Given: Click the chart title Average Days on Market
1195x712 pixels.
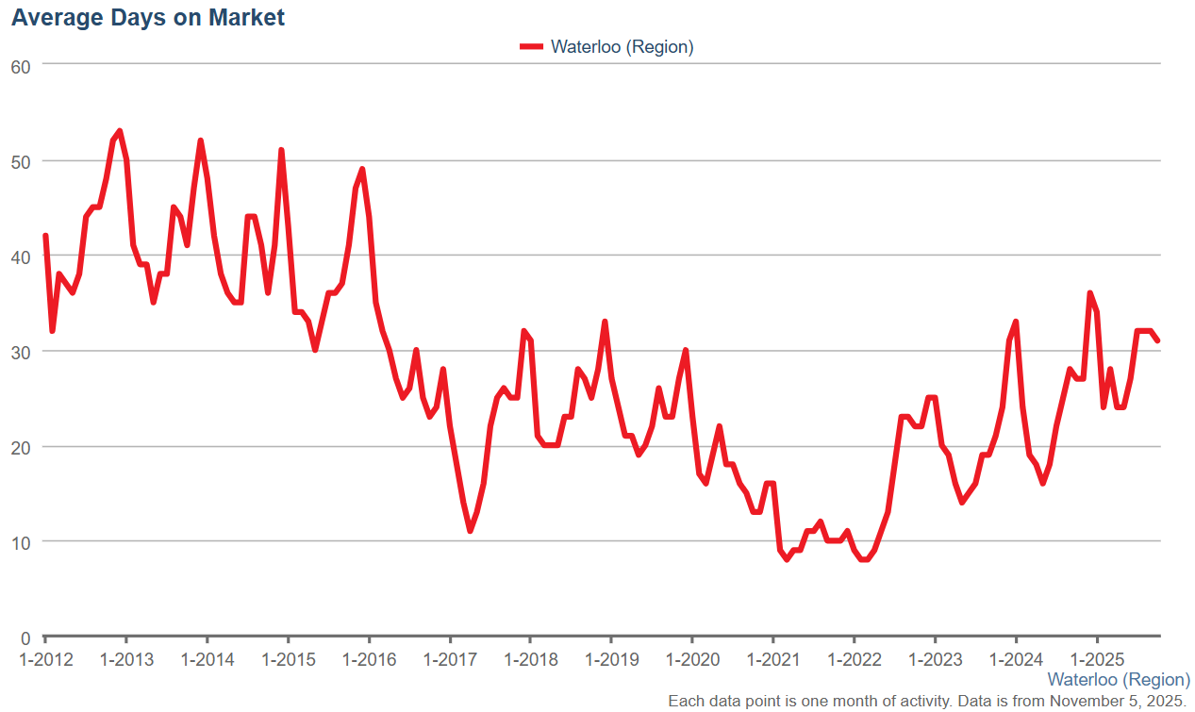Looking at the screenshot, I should tap(148, 17).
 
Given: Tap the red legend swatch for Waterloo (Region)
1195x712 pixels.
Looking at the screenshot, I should tap(532, 46).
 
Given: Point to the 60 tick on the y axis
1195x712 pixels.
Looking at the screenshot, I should tap(21, 65).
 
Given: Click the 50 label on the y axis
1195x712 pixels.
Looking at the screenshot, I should tap(21, 160).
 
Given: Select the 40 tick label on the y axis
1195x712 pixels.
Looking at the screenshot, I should tap(21, 256).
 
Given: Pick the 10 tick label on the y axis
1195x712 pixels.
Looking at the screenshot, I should tap(21, 541).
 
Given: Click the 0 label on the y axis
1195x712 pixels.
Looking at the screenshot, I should tap(25, 637).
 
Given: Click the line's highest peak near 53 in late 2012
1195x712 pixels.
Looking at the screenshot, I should tap(119, 131).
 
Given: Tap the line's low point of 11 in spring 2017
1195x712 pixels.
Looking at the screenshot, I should tap(470, 531).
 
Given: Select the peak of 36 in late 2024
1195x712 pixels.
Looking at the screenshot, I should tap(1089, 293).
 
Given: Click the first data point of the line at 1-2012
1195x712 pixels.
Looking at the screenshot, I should tap(45, 236).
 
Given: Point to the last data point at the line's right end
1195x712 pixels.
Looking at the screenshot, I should tap(1157, 340).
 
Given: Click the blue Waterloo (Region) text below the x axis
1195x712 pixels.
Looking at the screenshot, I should tap(1119, 679).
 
